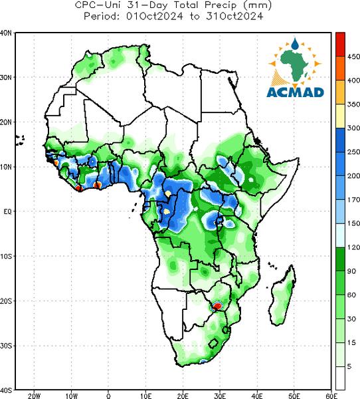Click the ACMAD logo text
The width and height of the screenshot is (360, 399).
click(295, 92)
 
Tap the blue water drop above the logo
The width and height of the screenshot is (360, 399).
click(295, 44)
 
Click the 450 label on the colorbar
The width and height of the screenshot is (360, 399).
click(353, 57)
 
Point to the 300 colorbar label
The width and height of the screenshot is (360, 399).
click(353, 128)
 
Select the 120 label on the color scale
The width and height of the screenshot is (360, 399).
click(353, 247)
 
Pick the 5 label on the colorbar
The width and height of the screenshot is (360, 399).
click(349, 366)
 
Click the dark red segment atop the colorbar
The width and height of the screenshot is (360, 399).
click(340, 45)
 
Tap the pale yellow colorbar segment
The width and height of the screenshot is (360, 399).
click(340, 116)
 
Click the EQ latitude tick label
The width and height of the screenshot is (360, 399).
click(7, 211)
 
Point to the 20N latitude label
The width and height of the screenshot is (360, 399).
click(6, 122)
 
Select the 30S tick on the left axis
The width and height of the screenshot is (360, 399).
click(6, 346)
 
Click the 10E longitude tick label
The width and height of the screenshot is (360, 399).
click(145, 396)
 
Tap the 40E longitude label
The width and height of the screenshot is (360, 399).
click(257, 396)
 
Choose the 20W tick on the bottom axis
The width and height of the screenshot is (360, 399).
click(34, 396)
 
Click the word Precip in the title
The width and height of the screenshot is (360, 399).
click(221, 5)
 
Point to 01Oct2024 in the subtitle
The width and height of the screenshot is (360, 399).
click(155, 17)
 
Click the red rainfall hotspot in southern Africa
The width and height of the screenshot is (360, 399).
click(217, 306)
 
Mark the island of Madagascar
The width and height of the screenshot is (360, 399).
click(283, 295)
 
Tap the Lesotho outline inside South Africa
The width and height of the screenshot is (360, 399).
click(213, 343)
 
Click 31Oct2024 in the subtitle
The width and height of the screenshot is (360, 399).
click(234, 17)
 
